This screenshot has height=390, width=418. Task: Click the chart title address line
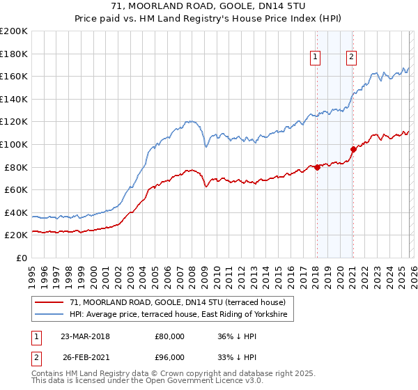click(x=209, y=6)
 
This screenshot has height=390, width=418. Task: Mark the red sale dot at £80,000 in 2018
click(x=317, y=167)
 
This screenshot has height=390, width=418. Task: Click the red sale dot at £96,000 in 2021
click(x=353, y=149)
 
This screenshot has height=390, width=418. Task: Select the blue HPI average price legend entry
click(x=182, y=315)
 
